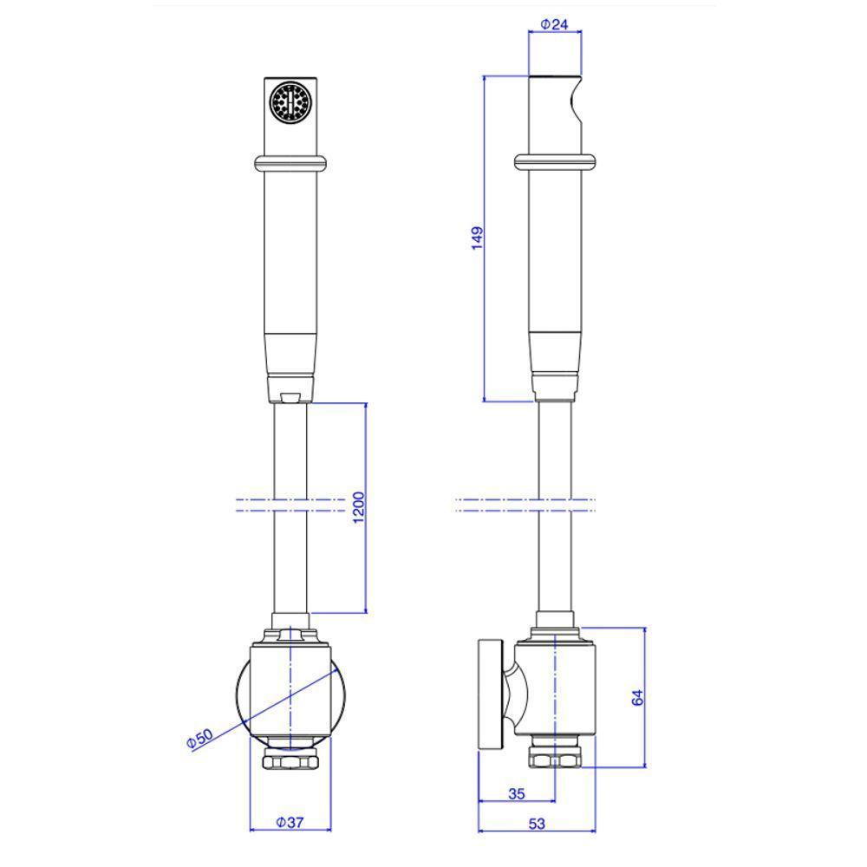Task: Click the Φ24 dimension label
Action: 554,24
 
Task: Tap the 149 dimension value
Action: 477,238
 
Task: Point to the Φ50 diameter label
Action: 199,739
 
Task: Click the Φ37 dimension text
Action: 290,822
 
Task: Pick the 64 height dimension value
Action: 637,697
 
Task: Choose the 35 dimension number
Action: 516,794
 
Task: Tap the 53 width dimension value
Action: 537,824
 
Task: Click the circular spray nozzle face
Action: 290,101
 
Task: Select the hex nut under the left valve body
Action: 290,762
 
